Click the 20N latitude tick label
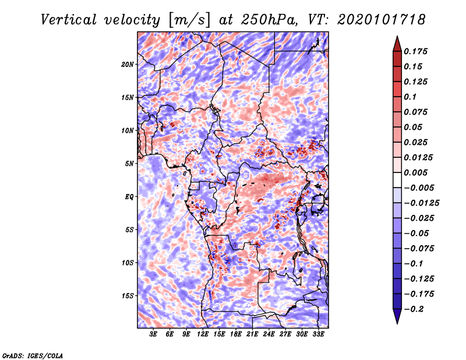point(128,64)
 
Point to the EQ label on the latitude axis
point(129,197)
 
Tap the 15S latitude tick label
point(128,296)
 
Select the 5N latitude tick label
point(129,164)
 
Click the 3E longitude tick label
point(153,334)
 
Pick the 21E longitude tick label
point(252,334)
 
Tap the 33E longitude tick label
point(318,334)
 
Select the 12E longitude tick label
point(203,334)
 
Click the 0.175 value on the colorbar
point(415,51)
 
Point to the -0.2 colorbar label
point(413,309)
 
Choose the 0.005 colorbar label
point(415,172)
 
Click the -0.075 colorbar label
point(419,249)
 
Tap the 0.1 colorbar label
point(410,97)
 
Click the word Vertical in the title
point(69,20)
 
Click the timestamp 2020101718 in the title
point(382,20)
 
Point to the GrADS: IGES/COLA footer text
point(33,355)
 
